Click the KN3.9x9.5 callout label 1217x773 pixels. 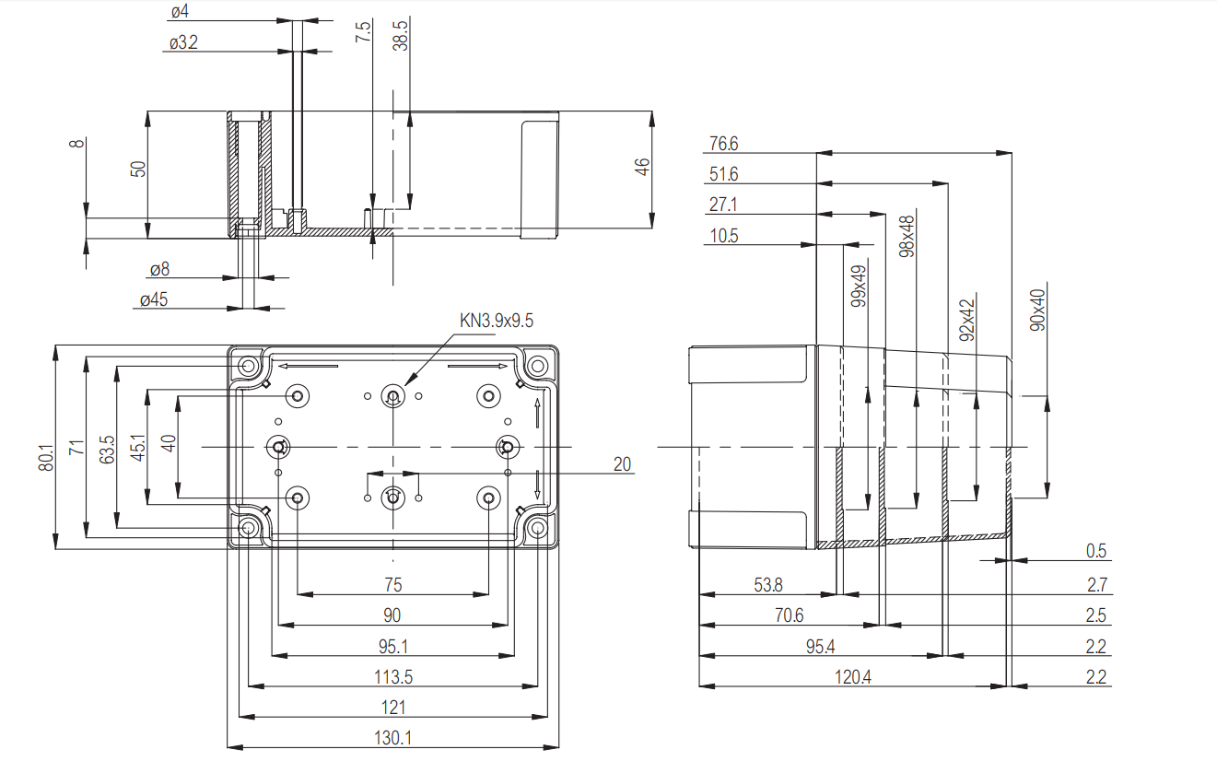coord(497,321)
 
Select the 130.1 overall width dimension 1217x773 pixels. coord(392,738)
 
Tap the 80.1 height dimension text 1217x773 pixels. coord(46,457)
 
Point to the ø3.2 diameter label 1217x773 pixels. coord(183,42)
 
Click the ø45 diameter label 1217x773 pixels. coord(154,299)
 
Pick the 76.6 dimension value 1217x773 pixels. coord(724,144)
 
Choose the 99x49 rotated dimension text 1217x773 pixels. coord(859,287)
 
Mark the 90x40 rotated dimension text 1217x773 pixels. coord(1037,310)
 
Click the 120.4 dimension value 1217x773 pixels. coord(853,677)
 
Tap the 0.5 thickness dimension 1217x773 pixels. coord(1095,551)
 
